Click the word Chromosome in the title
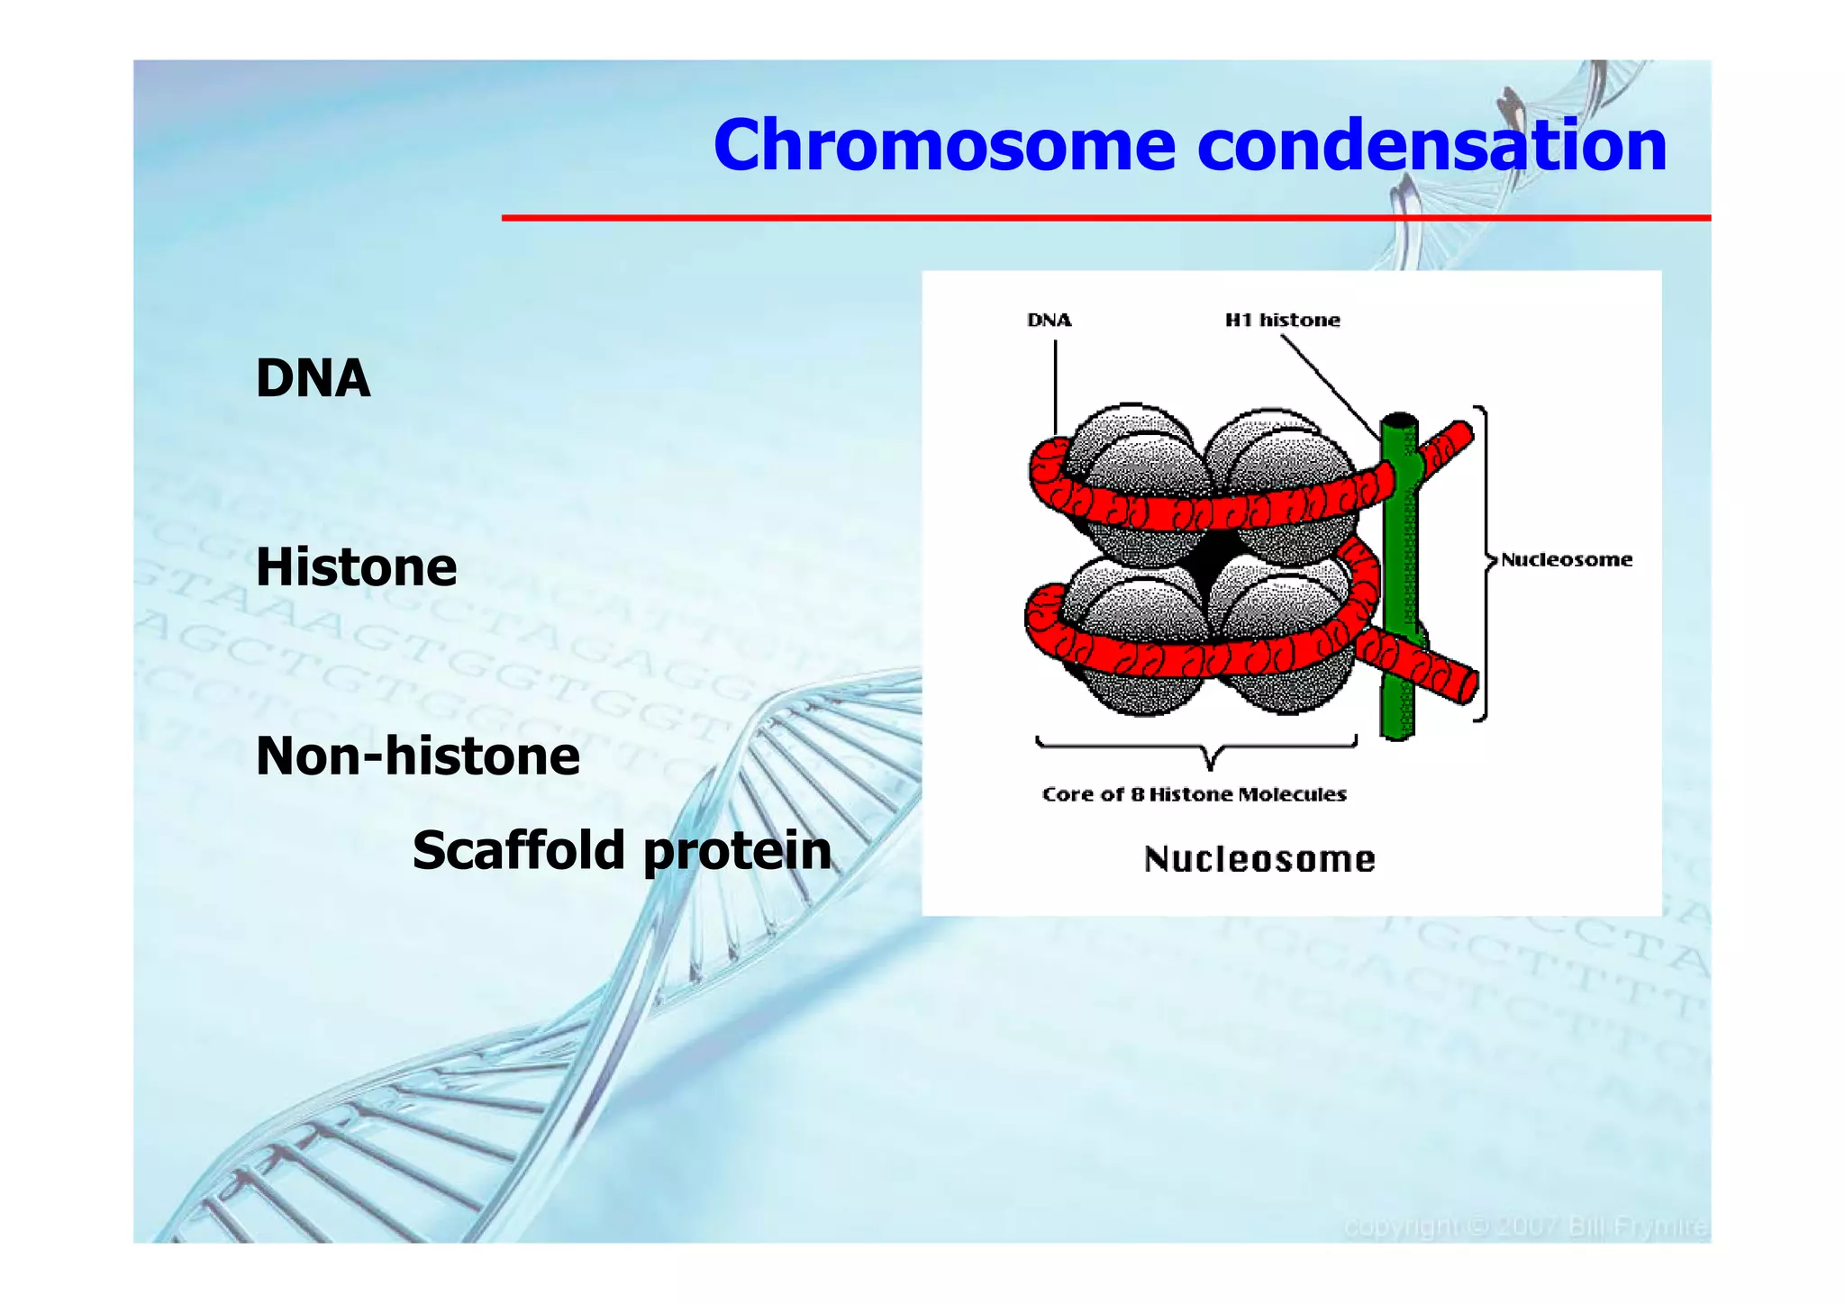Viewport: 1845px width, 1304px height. click(x=944, y=146)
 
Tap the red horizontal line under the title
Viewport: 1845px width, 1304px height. click(x=1105, y=218)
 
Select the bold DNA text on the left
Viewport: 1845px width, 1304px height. click(x=313, y=378)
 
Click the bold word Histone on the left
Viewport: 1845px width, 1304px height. click(x=356, y=567)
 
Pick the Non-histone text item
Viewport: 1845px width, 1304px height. click(x=418, y=756)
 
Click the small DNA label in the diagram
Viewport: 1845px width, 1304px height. click(x=1050, y=321)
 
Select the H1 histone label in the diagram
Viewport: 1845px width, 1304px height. click(x=1282, y=321)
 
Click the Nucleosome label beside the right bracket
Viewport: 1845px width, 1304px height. click(x=1566, y=560)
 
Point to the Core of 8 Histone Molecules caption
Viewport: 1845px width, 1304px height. click(x=1194, y=794)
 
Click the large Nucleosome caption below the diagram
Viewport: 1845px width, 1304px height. click(x=1259, y=859)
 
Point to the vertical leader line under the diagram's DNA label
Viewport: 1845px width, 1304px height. click(x=1056, y=387)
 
